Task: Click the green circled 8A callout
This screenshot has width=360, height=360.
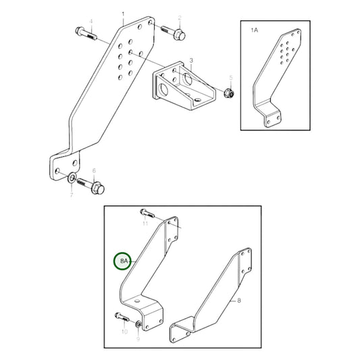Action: pyautogui.click(x=123, y=259)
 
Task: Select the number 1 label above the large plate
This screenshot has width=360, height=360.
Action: pyautogui.click(x=122, y=14)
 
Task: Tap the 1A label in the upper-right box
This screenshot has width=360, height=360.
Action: pyautogui.click(x=255, y=30)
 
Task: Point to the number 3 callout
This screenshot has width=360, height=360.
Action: pyautogui.click(x=191, y=60)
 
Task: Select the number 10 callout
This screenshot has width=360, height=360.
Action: pyautogui.click(x=124, y=332)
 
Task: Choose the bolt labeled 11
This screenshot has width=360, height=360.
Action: pyautogui.click(x=148, y=213)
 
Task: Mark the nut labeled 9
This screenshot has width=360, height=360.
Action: pyautogui.click(x=138, y=326)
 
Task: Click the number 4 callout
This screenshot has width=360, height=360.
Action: pyautogui.click(x=93, y=21)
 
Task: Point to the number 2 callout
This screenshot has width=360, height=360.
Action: pyautogui.click(x=180, y=18)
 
